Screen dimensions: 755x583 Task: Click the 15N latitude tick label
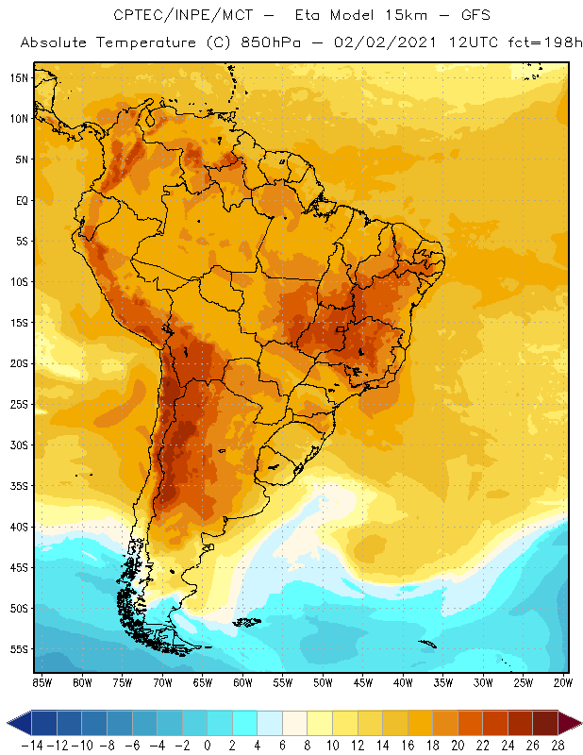tap(18, 77)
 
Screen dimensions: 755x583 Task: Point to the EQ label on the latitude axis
tap(22, 200)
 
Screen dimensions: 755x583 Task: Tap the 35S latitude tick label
tap(18, 486)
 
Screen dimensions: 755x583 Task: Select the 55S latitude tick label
tap(18, 649)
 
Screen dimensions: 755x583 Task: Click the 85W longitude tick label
tap(42, 681)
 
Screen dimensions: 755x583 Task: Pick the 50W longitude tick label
tap(323, 681)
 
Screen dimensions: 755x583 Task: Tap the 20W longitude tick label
tap(563, 681)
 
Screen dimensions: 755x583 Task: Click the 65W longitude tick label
tap(202, 681)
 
